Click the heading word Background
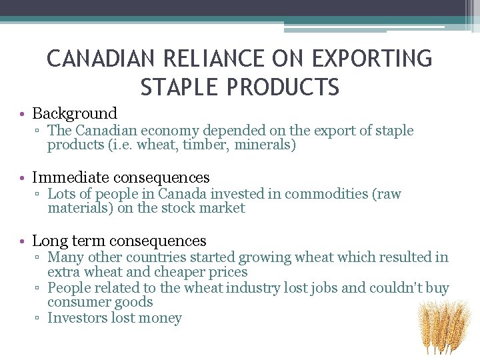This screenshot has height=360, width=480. pos(75,114)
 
